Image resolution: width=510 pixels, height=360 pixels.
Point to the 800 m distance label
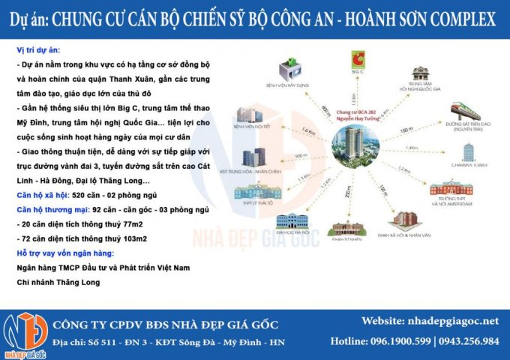click(x=325, y=110)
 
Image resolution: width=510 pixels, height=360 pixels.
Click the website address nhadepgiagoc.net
click(x=454, y=322)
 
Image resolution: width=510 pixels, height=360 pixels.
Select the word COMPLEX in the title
click(x=460, y=17)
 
